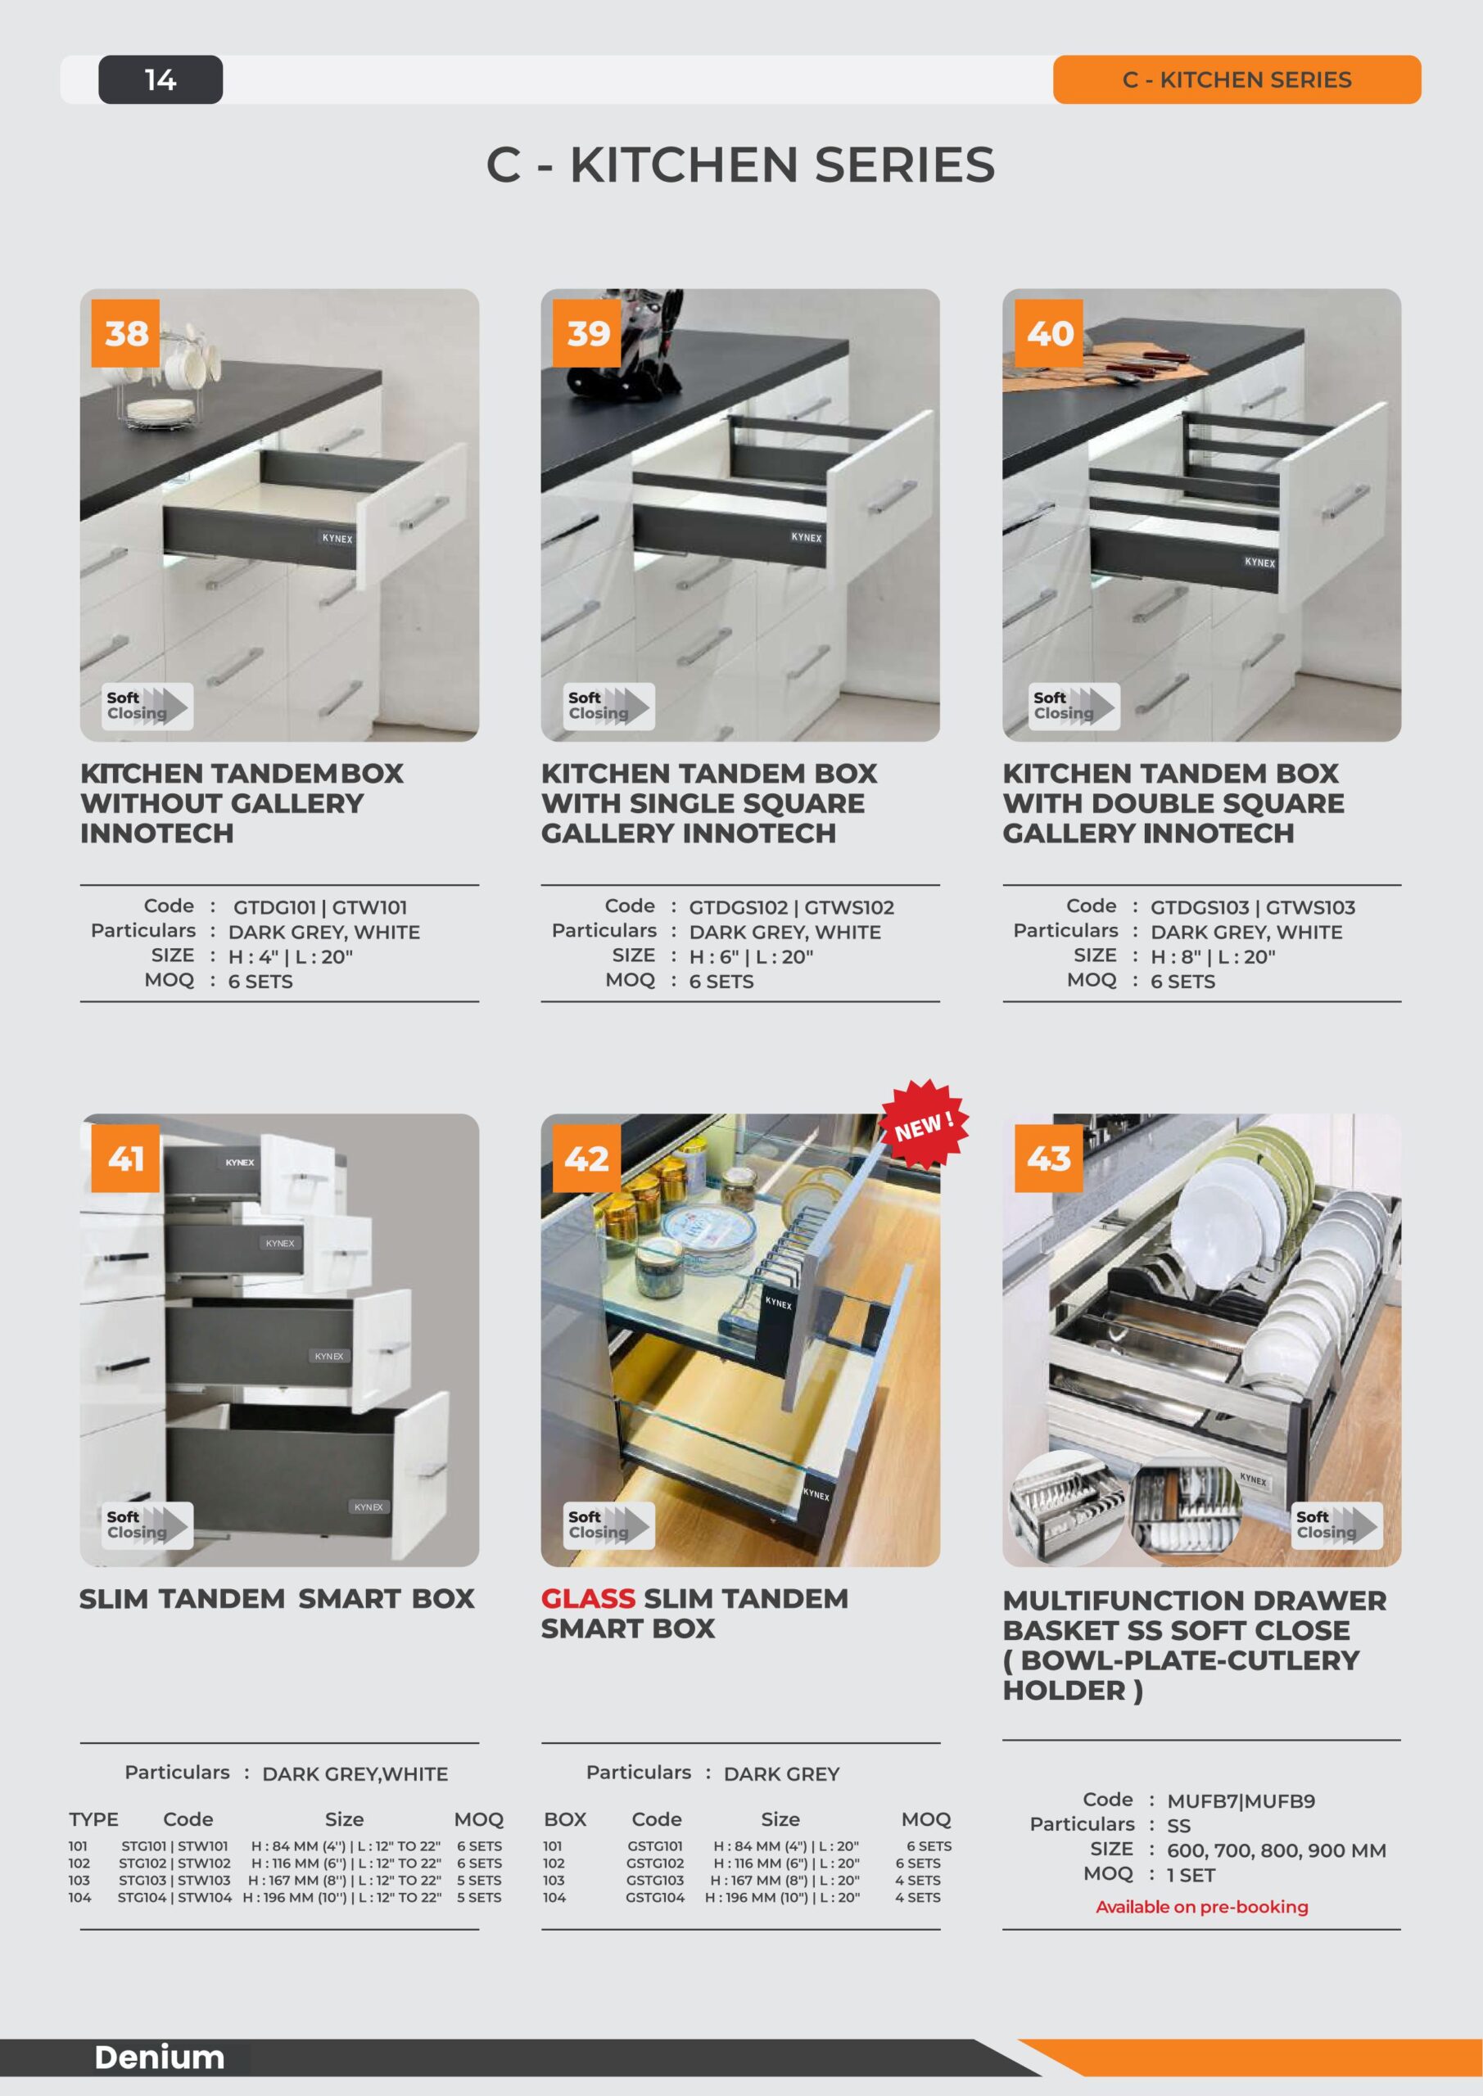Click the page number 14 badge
[161, 79]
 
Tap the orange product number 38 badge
[125, 333]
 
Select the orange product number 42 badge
[586, 1159]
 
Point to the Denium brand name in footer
[159, 2057]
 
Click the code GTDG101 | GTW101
[319, 907]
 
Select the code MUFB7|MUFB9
[1240, 1801]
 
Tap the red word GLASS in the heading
[587, 1598]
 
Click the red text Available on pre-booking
[1202, 1907]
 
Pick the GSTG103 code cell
[655, 1881]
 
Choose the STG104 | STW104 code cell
[174, 1897]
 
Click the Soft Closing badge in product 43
[1336, 1525]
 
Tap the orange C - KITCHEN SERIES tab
[1237, 79]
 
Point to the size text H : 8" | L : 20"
[1212, 957]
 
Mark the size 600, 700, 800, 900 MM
[1276, 1850]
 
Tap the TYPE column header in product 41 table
[93, 1819]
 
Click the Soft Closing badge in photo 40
[1074, 706]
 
